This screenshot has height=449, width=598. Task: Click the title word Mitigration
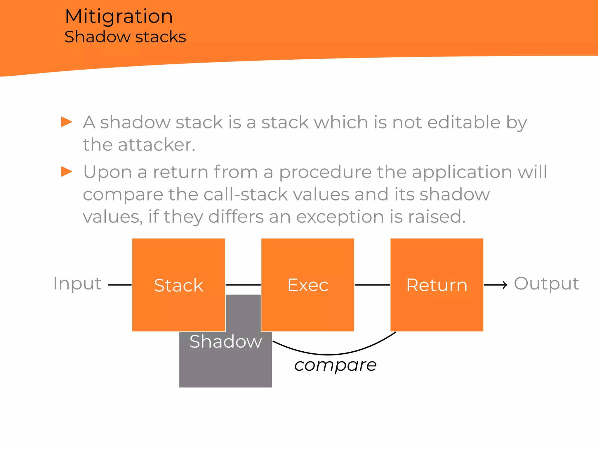119,16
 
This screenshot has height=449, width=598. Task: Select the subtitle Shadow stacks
125,37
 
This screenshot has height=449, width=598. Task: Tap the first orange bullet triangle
67,122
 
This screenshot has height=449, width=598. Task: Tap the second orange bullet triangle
67,172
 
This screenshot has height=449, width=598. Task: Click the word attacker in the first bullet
157,145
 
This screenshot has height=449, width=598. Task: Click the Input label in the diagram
77,284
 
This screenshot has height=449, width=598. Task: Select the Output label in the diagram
546,284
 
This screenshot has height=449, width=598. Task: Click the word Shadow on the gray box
226,341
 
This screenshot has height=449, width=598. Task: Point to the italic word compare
335,365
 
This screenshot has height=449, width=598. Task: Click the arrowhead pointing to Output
505,285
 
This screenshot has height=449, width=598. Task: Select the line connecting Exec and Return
372,285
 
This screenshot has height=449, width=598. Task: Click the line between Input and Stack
120,285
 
